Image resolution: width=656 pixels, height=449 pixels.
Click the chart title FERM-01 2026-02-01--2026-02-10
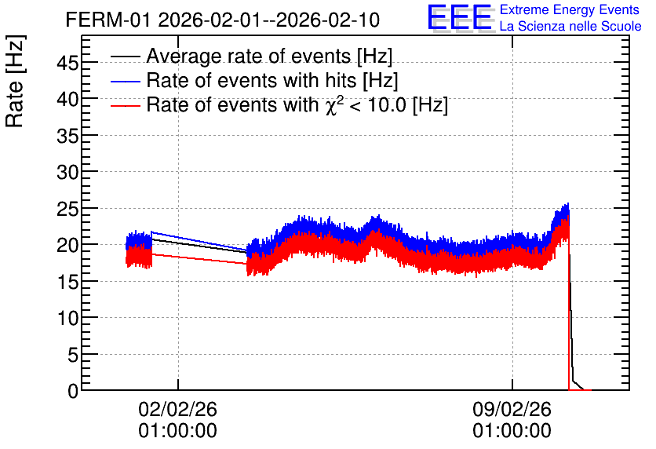click(x=223, y=20)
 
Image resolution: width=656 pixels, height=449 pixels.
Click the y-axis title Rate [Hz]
click(x=16, y=82)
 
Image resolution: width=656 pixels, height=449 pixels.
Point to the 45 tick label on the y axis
click(x=67, y=63)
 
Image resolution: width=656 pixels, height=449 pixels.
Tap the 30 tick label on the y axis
click(x=67, y=172)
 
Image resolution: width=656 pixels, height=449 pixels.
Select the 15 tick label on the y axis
click(x=67, y=282)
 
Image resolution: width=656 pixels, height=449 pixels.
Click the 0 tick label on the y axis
click(x=73, y=391)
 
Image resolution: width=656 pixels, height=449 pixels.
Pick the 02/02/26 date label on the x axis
click(x=178, y=409)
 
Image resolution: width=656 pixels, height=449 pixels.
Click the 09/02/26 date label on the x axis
click(x=512, y=409)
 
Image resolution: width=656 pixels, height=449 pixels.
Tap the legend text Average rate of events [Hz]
click(x=269, y=56)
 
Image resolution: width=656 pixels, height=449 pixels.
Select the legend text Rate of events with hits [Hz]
click(x=272, y=80)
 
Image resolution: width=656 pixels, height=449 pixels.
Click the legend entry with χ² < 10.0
click(x=297, y=104)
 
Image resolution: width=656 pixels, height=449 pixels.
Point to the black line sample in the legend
click(x=125, y=57)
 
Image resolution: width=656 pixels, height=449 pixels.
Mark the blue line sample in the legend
click(x=125, y=81)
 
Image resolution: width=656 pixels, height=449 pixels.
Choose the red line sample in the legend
click(x=125, y=105)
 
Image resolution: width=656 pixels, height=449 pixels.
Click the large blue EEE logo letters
click(x=460, y=18)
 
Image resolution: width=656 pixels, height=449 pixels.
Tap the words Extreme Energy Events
click(x=570, y=9)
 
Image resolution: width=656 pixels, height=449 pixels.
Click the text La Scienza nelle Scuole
click(x=570, y=26)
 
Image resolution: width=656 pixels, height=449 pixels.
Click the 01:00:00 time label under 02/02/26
click(x=178, y=431)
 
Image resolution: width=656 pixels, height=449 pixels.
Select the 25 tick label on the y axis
click(x=67, y=208)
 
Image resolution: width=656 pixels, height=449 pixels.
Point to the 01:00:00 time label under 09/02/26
click(x=512, y=431)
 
